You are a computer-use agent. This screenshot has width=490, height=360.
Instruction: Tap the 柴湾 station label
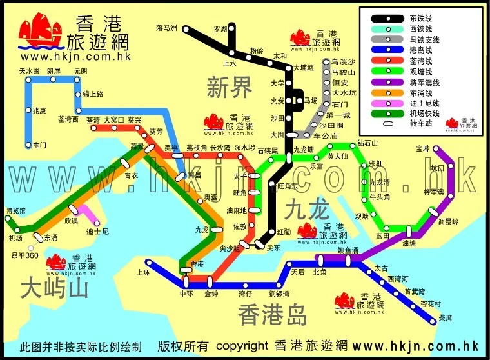click(446, 317)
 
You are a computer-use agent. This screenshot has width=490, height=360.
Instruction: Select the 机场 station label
click(15, 238)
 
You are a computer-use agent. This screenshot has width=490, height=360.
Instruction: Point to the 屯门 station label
click(39, 145)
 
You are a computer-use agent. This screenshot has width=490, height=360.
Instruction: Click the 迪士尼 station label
click(97, 230)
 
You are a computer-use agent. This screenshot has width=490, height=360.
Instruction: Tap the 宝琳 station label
click(422, 148)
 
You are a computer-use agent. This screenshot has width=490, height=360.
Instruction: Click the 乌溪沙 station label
click(344, 61)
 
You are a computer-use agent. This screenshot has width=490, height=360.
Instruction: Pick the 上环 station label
click(143, 273)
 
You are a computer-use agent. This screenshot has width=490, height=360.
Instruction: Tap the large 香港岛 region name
click(271, 314)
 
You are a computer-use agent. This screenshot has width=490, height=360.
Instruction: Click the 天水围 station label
click(29, 70)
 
